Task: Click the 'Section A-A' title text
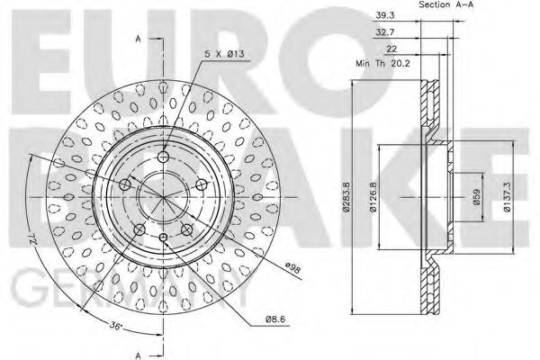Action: click(446, 6)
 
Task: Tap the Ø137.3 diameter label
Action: click(510, 199)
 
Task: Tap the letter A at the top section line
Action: click(138, 40)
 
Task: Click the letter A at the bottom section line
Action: click(138, 353)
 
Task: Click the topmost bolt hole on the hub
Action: click(162, 157)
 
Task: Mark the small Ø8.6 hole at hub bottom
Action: click(163, 237)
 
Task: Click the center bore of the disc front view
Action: click(162, 197)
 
